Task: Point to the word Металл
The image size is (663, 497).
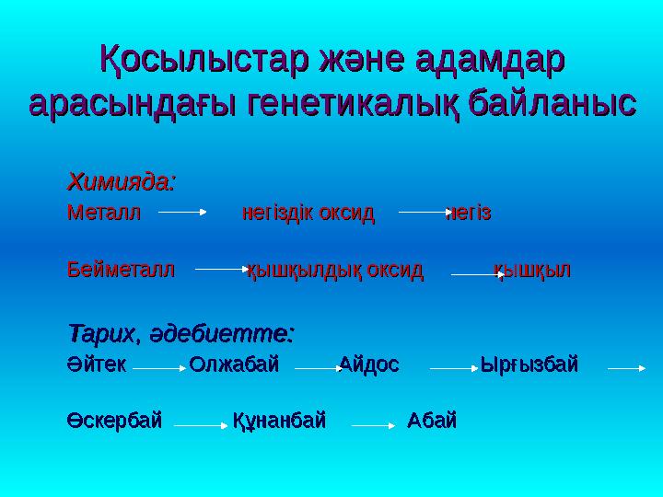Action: pos(103,214)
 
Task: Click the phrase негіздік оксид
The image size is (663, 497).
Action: pos(308,214)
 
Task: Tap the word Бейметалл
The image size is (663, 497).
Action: pos(120,271)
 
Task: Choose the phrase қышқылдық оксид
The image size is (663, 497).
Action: pos(335,271)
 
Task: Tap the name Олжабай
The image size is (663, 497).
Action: pos(234,364)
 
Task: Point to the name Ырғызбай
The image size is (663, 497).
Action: pos(529,364)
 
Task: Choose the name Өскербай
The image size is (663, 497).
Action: pos(114,421)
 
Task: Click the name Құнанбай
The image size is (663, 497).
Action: pos(279,421)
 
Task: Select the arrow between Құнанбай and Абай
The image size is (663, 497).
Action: pos(373,426)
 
